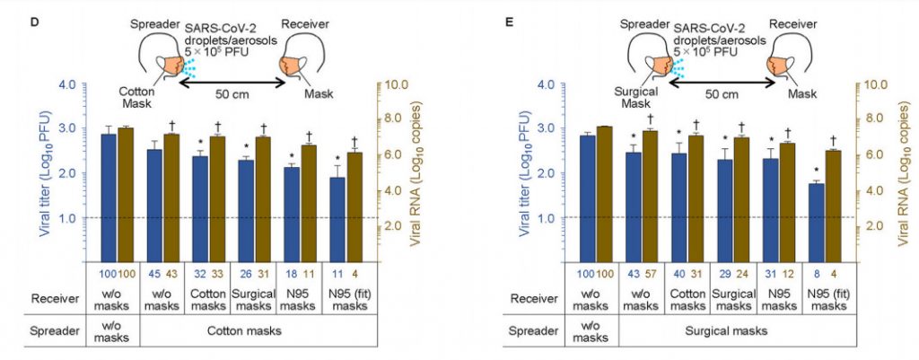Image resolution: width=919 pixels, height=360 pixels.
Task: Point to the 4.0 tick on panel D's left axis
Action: point(66,85)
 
